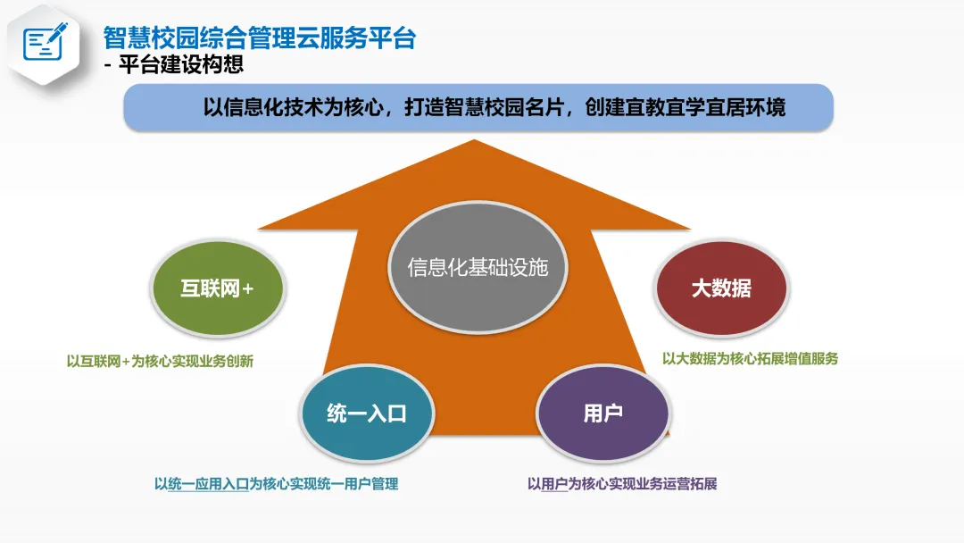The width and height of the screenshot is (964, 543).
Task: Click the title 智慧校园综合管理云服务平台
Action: [260, 38]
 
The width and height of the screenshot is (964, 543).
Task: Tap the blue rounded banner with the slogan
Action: [478, 108]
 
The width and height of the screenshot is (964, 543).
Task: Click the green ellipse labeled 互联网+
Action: [218, 288]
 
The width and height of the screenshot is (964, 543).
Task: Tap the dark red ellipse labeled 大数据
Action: [721, 288]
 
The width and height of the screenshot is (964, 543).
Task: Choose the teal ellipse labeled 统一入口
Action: [367, 414]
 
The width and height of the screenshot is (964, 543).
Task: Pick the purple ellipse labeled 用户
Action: [602, 414]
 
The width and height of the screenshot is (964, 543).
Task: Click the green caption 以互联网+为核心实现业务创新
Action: [161, 362]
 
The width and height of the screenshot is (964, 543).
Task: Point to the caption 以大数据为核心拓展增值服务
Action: [750, 358]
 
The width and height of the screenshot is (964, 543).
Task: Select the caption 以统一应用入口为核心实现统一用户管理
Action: [276, 484]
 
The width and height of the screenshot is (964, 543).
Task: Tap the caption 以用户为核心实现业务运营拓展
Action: [622, 484]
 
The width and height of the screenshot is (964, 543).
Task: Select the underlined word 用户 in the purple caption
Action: [554, 484]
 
